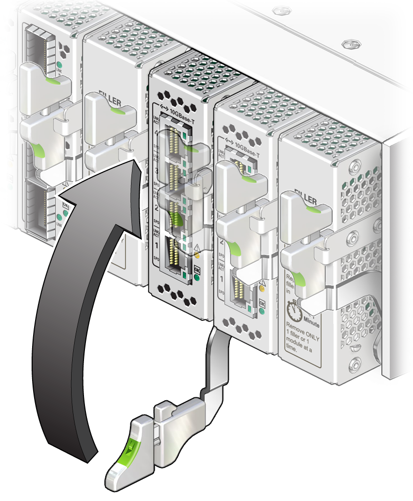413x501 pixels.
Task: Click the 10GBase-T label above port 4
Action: coord(183,112)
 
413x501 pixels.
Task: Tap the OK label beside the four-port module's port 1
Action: coord(197,269)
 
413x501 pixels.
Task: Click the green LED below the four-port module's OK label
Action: coord(197,277)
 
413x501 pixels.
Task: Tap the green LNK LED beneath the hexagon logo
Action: coord(59,65)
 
